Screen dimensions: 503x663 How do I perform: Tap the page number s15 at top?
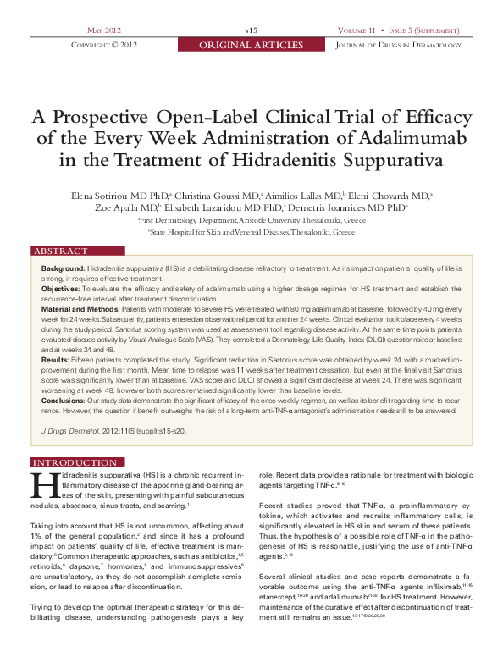pos(251,30)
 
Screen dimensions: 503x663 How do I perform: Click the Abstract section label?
pos(61,251)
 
